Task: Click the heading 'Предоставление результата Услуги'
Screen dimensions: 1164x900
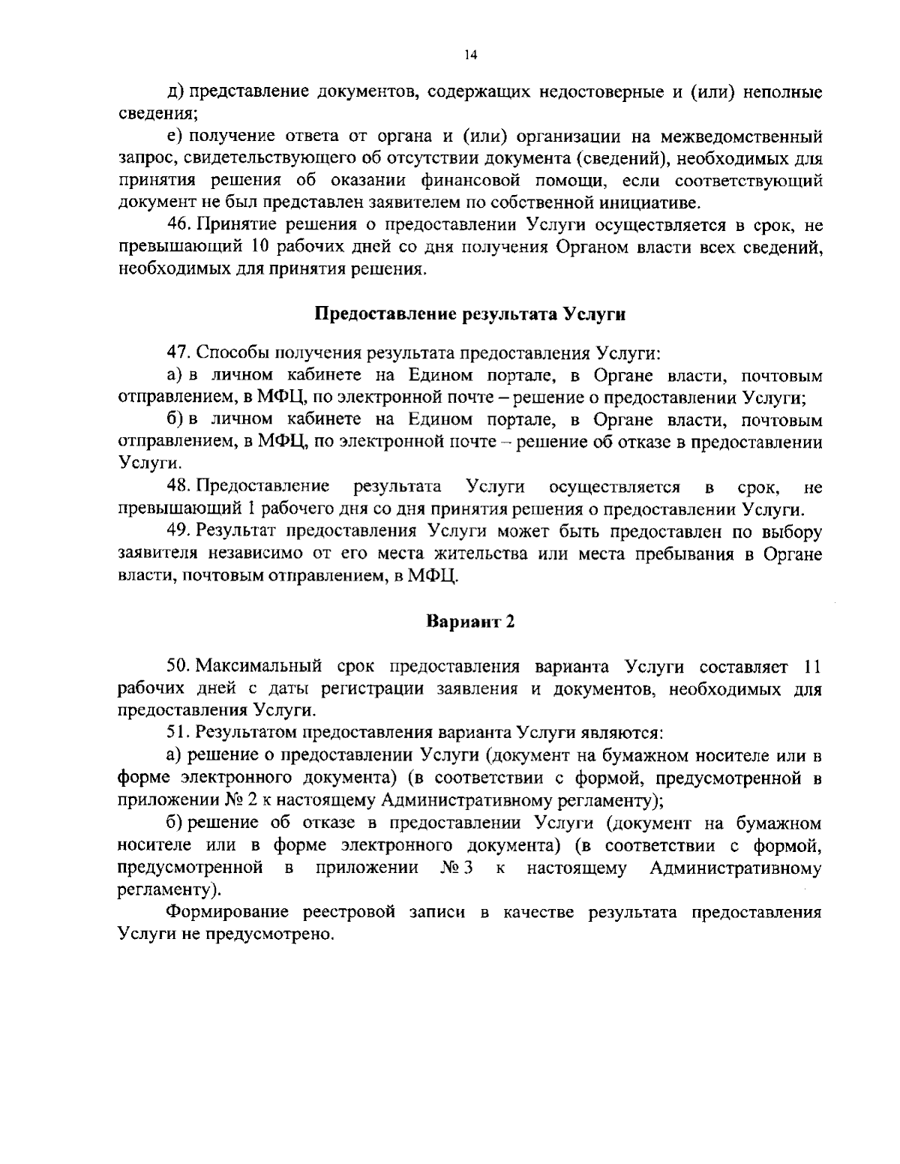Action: (469, 314)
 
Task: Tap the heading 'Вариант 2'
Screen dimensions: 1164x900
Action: (470, 621)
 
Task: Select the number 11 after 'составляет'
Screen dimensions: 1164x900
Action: (812, 666)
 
